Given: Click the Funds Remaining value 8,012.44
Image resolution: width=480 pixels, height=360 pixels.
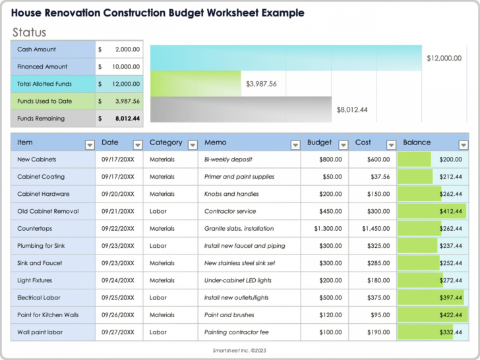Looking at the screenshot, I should click(x=127, y=119).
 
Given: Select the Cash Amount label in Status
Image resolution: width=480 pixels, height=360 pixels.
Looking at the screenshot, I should click(x=36, y=49).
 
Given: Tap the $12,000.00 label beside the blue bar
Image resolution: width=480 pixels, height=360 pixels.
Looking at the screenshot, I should click(x=444, y=58).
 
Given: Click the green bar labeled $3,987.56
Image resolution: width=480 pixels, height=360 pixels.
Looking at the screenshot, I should click(x=196, y=84).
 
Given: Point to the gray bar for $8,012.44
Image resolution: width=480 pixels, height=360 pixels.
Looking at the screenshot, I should click(x=241, y=109).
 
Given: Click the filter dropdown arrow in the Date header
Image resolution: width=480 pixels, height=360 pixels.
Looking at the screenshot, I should click(x=138, y=145).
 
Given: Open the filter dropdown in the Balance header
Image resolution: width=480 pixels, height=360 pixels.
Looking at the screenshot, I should click(x=464, y=145).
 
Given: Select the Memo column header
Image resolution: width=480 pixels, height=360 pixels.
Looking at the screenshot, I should click(x=216, y=142).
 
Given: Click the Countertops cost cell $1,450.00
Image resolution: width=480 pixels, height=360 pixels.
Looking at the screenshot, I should click(x=376, y=229).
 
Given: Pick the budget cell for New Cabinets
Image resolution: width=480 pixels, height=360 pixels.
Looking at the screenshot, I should click(x=326, y=160).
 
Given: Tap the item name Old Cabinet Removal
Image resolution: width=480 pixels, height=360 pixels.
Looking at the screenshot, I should click(x=47, y=212).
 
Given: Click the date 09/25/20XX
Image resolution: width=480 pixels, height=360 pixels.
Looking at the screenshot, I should click(x=118, y=298).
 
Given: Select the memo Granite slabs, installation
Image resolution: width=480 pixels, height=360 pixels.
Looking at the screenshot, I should click(x=238, y=229).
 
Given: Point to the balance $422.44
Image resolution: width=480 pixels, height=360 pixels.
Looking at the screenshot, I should click(x=450, y=315).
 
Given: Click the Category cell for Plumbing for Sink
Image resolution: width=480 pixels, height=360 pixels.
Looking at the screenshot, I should click(x=158, y=246).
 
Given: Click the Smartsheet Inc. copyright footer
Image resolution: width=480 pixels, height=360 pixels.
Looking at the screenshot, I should click(x=239, y=351).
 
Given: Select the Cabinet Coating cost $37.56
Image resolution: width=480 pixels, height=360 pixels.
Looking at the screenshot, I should click(x=380, y=177).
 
